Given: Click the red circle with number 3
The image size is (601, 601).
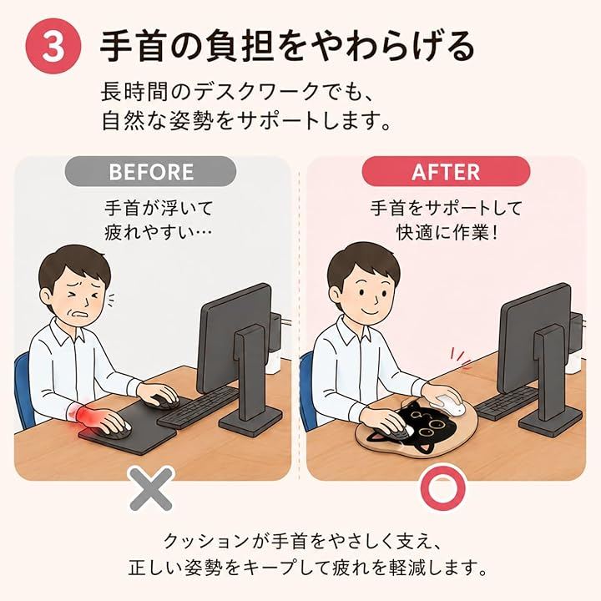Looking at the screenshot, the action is point(53,47).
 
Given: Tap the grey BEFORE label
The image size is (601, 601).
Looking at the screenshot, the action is point(150,172).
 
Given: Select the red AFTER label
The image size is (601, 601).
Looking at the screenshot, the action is point(446,172).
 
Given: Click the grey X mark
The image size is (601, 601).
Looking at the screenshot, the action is point(151,489).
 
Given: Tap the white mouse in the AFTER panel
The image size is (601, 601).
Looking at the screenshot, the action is point(447,405).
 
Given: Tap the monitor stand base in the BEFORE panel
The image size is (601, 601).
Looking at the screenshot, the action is point(250,421).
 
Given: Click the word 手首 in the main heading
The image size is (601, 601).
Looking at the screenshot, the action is point(133,47).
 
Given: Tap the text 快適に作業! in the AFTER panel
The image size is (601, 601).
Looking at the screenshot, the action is point(447,233).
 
